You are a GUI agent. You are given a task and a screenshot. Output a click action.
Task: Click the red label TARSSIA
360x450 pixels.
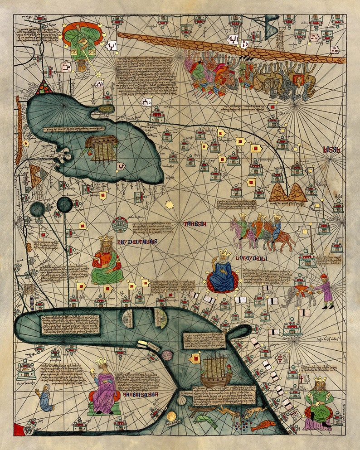point(195,224)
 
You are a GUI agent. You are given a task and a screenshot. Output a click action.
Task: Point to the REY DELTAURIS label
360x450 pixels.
point(136,242)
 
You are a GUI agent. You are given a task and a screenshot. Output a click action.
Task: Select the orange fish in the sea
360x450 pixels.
point(263,426)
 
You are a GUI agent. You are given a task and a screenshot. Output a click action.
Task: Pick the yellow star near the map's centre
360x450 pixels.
point(170,205)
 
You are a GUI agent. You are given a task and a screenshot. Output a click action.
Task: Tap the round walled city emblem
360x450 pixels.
point(120,224)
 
